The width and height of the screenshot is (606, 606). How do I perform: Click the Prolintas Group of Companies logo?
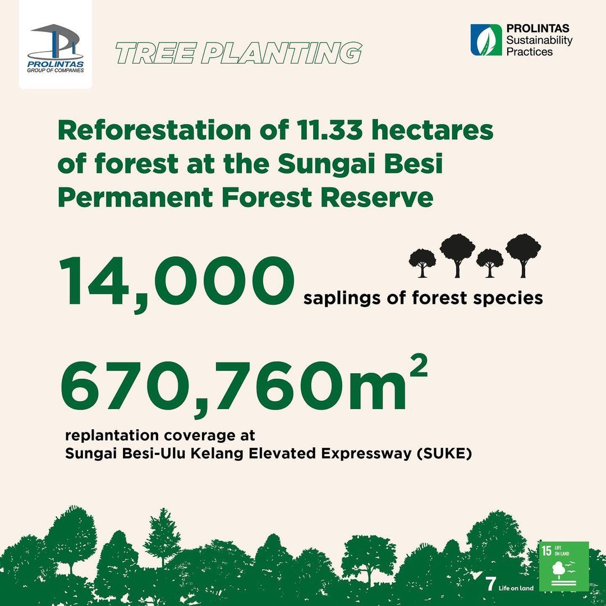click(x=55, y=48)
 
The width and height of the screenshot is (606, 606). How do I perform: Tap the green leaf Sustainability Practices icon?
click(x=486, y=40)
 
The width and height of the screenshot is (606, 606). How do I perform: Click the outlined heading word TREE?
click(x=155, y=53)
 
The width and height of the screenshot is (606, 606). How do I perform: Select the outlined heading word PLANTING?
click(x=281, y=53)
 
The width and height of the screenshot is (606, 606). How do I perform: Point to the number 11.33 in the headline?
click(x=330, y=130)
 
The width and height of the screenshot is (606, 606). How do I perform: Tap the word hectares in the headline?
click(x=433, y=130)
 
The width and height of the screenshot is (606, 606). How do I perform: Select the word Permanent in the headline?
click(x=135, y=198)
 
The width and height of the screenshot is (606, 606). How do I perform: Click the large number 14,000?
click(x=177, y=282)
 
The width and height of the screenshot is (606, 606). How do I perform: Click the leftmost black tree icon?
click(x=422, y=263)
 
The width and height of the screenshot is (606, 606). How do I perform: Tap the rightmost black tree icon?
click(x=524, y=255)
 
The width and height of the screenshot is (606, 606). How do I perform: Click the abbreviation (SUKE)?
click(x=444, y=453)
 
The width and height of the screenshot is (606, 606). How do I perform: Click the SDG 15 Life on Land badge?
click(x=563, y=566)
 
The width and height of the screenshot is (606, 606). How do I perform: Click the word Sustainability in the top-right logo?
click(x=539, y=40)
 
